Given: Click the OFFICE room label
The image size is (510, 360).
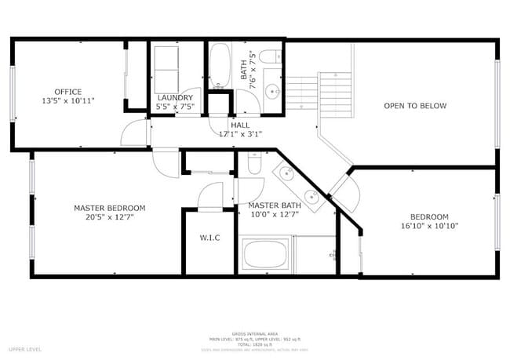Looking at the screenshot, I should tap(67, 92).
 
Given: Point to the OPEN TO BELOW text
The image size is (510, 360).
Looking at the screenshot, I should tap(414, 106).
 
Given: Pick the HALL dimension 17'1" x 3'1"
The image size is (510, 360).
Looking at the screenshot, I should tap(240, 134).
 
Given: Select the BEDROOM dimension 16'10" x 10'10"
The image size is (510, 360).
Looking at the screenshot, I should tap(428, 226).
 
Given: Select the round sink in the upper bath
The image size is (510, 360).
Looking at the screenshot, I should tap(273, 91).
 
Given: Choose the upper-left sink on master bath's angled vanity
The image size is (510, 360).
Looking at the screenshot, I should tap(282, 173).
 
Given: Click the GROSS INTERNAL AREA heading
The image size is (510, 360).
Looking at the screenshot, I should tap(253, 333).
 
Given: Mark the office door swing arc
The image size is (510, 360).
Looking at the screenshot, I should tap(134, 133).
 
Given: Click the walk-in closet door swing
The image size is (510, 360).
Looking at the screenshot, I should tap(209, 195).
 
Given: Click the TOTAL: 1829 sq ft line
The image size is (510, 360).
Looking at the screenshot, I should tap(253, 344).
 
